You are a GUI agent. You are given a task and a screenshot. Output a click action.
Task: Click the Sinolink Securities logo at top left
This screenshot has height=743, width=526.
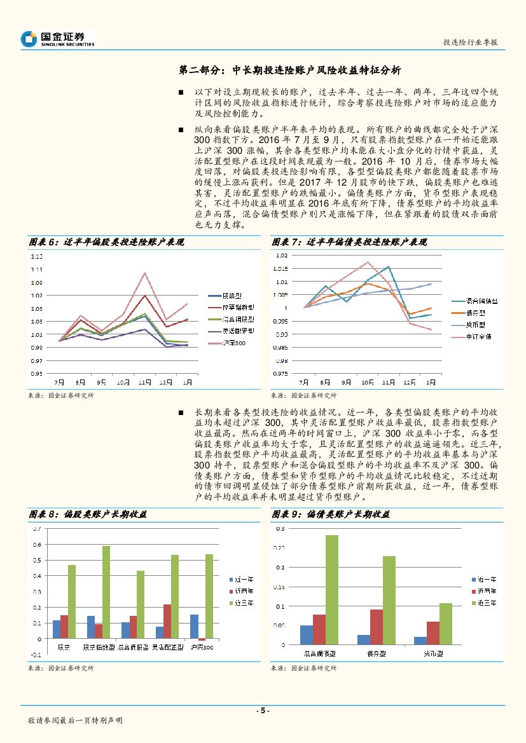tap(57, 39)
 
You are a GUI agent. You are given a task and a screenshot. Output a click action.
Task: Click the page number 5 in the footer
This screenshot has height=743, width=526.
tap(263, 711)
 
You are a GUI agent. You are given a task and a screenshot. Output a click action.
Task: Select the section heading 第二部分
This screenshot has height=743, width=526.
tap(202, 70)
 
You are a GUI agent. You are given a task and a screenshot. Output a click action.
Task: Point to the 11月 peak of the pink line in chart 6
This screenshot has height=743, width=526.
tap(145, 273)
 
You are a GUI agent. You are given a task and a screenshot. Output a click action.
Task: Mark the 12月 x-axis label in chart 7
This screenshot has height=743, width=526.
tap(410, 383)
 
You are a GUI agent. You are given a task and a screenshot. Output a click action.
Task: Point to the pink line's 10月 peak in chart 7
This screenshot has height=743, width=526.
tap(368, 262)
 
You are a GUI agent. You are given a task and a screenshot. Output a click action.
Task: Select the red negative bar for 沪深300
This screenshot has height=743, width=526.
tap(202, 639)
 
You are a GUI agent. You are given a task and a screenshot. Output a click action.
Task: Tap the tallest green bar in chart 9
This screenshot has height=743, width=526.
tap(332, 589)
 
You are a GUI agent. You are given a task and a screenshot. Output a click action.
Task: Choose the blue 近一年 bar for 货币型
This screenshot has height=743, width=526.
tap(420, 640)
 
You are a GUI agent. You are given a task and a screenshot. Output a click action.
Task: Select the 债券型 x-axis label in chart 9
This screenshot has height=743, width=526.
tap(377, 653)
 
